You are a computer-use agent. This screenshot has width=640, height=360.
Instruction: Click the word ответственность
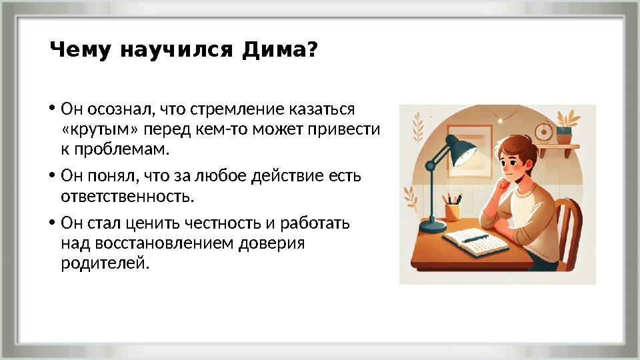pyautogui.click(x=127, y=197)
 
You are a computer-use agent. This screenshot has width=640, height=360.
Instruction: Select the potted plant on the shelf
pyautogui.click(x=565, y=130)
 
